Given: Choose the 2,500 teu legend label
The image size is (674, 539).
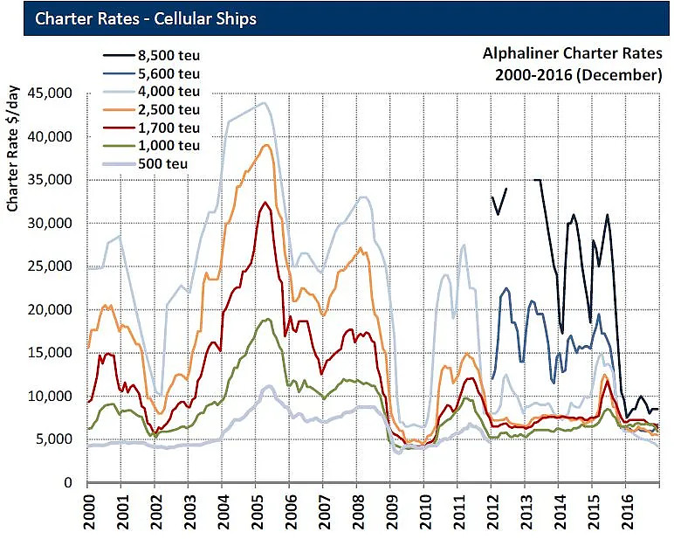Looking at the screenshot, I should (x=171, y=108).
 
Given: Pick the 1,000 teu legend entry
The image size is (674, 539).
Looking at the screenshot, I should (x=171, y=145).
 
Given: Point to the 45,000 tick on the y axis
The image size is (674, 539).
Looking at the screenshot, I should (x=56, y=93).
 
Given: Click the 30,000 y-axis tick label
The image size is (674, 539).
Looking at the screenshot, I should (x=56, y=224).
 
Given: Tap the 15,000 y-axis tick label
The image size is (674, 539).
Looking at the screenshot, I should (x=56, y=353).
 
